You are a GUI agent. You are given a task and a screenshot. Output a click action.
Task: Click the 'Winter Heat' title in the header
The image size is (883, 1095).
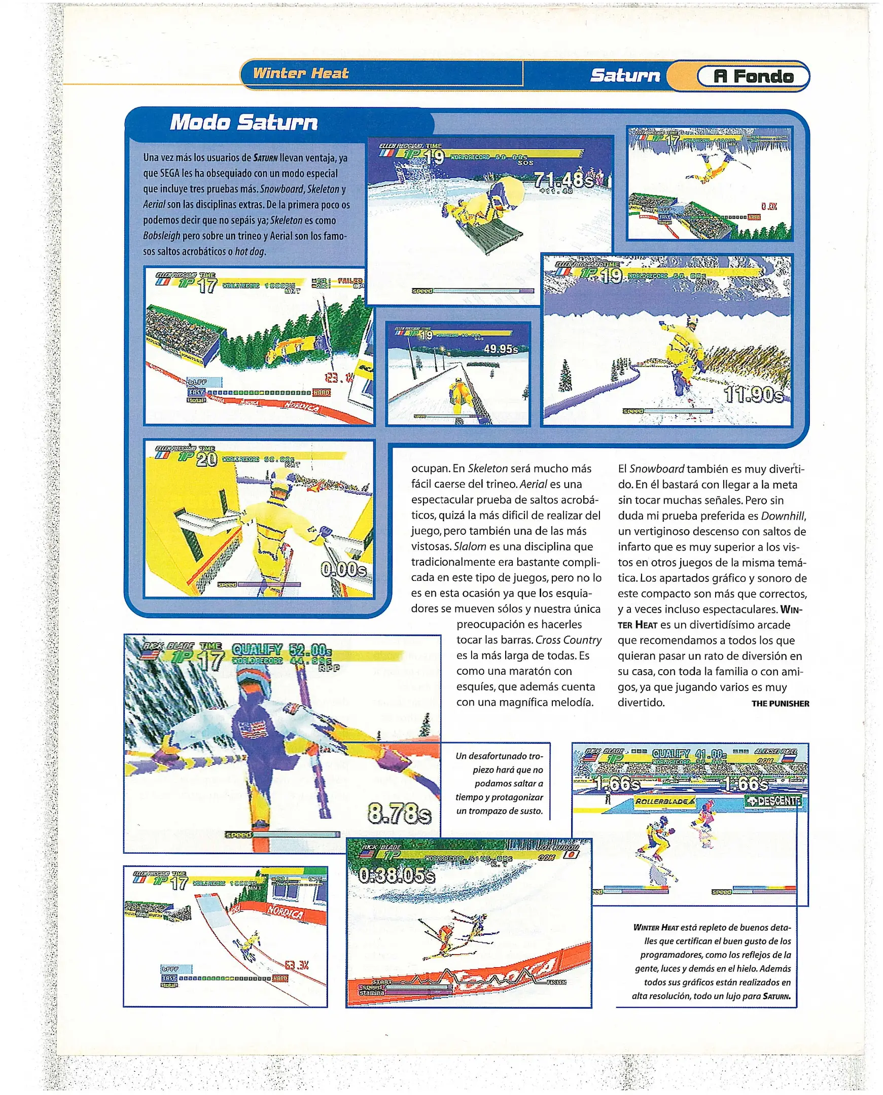301,73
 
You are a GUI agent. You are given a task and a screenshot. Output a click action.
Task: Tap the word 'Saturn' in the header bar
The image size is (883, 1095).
625,76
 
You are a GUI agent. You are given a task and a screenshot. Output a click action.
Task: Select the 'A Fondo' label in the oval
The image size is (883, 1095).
753,76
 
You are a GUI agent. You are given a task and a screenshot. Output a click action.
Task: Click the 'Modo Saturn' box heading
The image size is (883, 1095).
244,123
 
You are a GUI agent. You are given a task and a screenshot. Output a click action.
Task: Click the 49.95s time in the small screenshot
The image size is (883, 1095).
501,349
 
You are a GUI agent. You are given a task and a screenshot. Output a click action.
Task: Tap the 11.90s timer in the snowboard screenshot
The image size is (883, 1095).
754,395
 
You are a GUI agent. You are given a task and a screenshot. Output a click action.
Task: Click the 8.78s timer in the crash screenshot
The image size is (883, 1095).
400,814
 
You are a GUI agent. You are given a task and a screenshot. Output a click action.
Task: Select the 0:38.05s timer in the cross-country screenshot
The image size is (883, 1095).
397,875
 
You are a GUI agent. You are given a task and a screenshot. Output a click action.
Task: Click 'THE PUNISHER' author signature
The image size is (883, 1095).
780,704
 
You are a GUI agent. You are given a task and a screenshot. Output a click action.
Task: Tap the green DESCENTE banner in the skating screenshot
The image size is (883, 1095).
773,801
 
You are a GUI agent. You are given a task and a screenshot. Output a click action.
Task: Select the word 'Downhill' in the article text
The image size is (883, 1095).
783,516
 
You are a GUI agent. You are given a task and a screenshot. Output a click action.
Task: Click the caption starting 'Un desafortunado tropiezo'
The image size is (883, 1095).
500,783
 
